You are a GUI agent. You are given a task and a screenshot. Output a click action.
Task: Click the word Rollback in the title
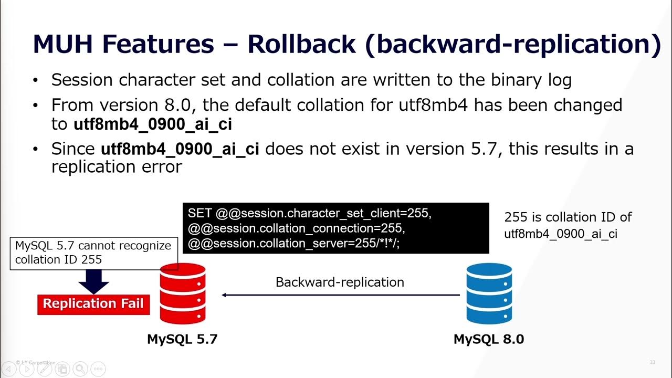[x=301, y=44]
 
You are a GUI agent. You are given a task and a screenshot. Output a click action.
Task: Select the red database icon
[x=182, y=294]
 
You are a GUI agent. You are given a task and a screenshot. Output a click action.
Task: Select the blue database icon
[x=489, y=294]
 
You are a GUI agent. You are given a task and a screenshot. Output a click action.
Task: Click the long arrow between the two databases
[x=341, y=295]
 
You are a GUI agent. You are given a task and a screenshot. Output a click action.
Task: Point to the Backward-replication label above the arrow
[x=340, y=282]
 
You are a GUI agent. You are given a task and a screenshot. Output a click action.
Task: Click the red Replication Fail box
[x=93, y=304]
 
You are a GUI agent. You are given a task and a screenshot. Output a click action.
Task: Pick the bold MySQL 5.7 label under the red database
[x=182, y=339]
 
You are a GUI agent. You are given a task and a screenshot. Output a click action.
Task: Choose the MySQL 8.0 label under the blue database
[x=489, y=339]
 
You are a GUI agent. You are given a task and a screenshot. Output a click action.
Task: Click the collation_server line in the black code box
[x=294, y=244]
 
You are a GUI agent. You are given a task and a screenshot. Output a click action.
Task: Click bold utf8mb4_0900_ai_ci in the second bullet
[x=152, y=124]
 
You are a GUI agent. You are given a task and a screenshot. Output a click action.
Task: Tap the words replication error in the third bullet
[x=117, y=167]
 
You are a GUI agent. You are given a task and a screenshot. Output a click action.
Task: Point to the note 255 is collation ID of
[x=568, y=217]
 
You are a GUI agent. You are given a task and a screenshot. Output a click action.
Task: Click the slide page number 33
[x=653, y=362]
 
